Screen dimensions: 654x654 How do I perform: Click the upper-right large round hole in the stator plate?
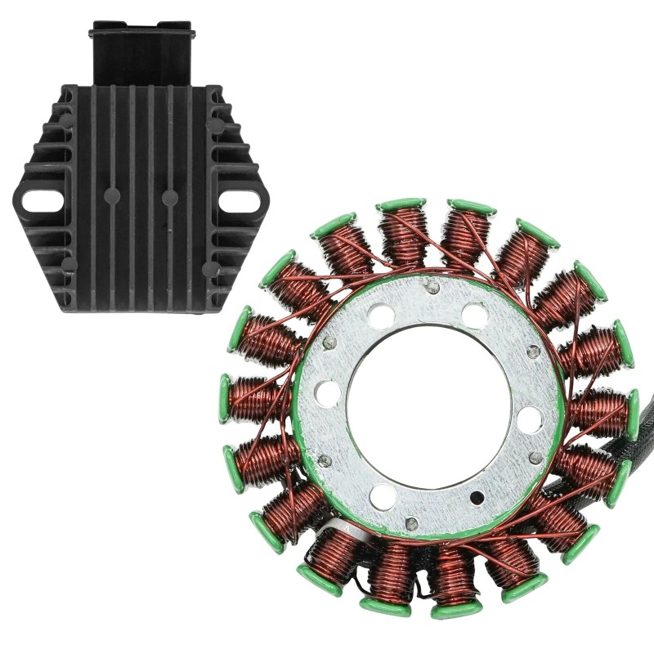point(475,314)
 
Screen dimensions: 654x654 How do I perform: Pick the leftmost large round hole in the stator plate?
point(327,393)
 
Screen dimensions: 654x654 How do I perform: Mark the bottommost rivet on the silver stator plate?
point(411,522)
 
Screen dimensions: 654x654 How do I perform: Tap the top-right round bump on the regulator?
point(215,126)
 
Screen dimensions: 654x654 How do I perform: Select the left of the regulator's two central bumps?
point(112,195)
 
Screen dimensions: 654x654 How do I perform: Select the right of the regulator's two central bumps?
point(170,197)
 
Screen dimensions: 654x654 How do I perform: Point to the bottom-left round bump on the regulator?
point(69,265)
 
